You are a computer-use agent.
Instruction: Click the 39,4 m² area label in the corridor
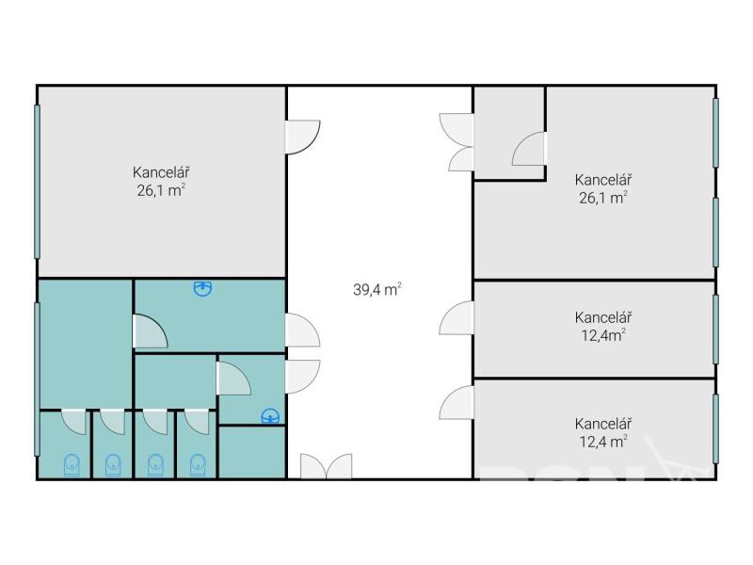[x=377, y=289]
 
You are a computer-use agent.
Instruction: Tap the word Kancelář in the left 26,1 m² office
[x=161, y=172]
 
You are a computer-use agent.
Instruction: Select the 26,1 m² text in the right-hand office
[x=603, y=198]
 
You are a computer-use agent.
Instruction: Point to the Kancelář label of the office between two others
[x=603, y=317]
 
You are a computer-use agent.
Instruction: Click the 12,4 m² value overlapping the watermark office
[x=603, y=441]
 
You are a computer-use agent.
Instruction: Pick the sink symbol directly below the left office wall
[x=202, y=288]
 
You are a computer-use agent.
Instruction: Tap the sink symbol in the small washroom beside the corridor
[x=270, y=416]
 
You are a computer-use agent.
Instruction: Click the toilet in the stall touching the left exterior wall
[x=72, y=464]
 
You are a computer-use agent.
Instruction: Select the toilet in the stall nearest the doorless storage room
[x=198, y=464]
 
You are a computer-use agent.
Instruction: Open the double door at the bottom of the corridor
[x=327, y=466]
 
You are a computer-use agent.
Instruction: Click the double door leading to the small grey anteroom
[x=457, y=142]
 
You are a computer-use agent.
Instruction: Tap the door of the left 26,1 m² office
[x=303, y=137]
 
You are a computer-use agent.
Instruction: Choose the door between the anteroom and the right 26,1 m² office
[x=529, y=149]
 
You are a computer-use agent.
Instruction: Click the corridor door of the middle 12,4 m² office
[x=457, y=317]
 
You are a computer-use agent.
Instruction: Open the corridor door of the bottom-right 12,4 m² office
[x=457, y=402]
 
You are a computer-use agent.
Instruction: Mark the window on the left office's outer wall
[x=37, y=182]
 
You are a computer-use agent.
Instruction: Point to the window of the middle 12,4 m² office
[x=715, y=329]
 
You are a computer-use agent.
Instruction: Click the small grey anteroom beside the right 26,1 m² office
[x=509, y=133]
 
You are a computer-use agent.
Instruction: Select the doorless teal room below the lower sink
[x=252, y=452]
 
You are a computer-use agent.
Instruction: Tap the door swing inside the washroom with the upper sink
[x=150, y=331]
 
